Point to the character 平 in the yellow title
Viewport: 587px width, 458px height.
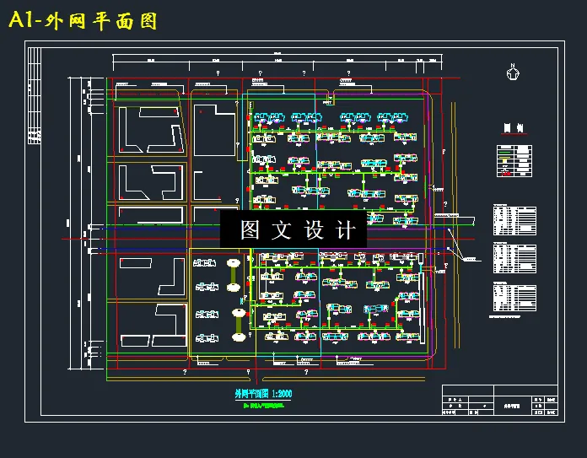(x=105, y=21)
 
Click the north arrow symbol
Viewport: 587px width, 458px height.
(x=512, y=74)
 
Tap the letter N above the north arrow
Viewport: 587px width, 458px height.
(x=512, y=65)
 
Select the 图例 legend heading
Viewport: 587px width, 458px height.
(x=513, y=128)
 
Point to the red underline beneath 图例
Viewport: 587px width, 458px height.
(x=513, y=135)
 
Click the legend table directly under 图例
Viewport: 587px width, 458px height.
(x=514, y=160)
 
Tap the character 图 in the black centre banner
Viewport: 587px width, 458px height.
(x=250, y=230)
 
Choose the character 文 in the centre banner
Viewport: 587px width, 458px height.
(x=282, y=230)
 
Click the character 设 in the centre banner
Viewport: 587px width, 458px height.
(x=314, y=230)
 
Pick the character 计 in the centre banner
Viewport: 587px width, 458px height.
(x=346, y=230)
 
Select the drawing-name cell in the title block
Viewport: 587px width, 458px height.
(x=511, y=406)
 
